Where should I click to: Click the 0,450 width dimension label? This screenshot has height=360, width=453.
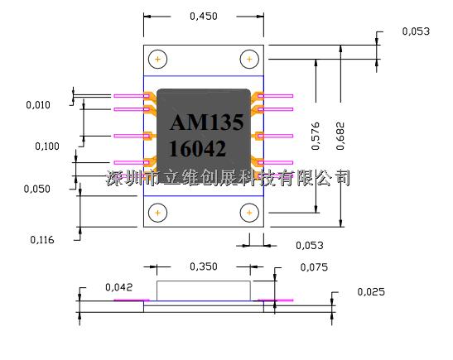tap(204, 17)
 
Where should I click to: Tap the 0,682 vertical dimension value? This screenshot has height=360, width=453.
tap(340, 136)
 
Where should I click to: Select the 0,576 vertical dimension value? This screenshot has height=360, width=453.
tap(316, 136)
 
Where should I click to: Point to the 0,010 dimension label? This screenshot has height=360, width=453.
tap(38, 105)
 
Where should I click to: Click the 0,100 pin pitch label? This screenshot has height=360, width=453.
tap(47, 146)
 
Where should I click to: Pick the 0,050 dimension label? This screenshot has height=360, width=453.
tap(37, 189)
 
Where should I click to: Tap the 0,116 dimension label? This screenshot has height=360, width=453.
tap(42, 240)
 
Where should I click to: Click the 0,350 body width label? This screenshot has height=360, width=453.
tap(204, 266)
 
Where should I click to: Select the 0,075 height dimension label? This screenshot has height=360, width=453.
tap(314, 267)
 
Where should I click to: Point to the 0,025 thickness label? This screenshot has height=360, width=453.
tap(371, 291)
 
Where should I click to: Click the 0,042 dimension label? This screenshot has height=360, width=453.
tap(118, 287)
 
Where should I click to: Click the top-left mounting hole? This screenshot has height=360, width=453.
tap(157, 60)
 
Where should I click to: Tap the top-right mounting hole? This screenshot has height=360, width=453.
tap(249, 60)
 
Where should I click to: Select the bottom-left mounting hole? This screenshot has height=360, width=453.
tap(157, 213)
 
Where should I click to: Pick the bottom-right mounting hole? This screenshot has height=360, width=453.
tap(249, 213)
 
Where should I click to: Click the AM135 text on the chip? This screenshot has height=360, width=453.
tap(207, 122)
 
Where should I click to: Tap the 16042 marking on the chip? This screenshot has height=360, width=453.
tap(197, 149)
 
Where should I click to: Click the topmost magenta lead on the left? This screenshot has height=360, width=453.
tap(132, 96)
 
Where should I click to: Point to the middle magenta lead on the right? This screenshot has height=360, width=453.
tap(275, 136)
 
